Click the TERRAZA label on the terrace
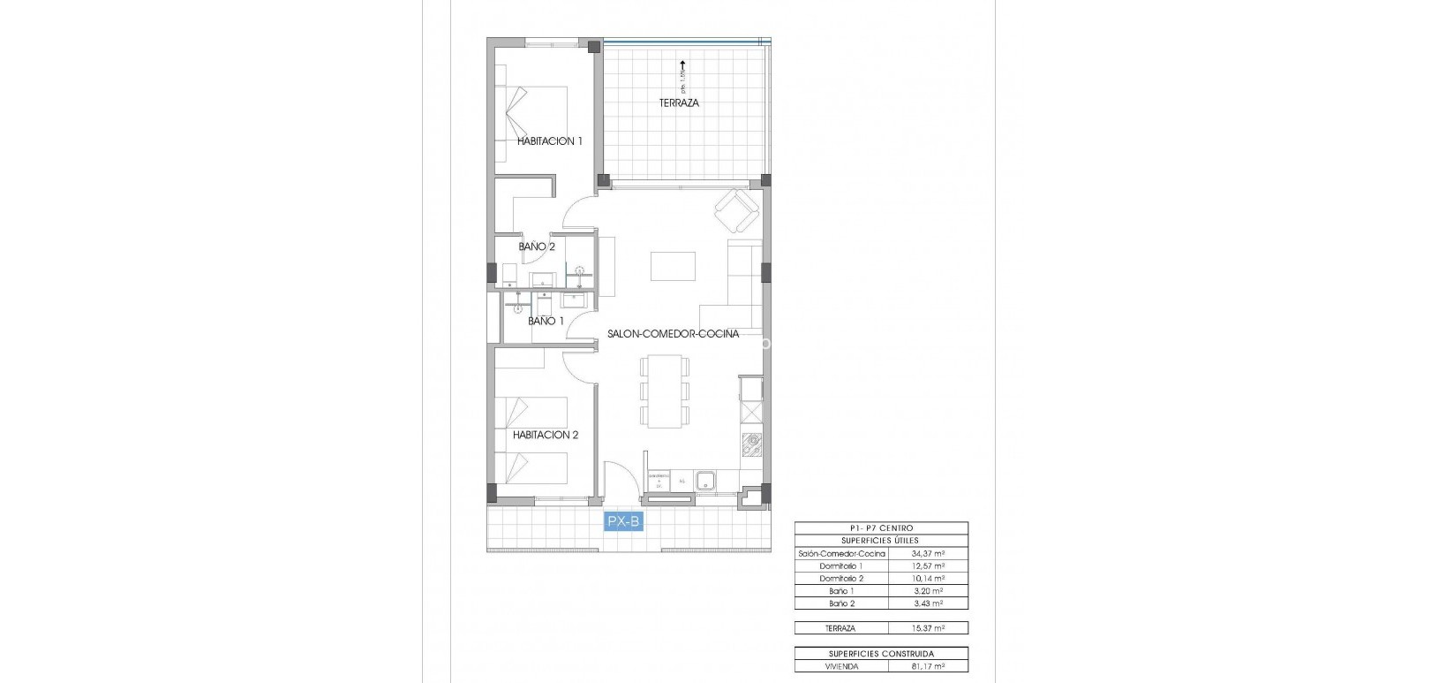click(x=679, y=103)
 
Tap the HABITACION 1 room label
click(x=549, y=141)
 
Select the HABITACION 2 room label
click(x=546, y=435)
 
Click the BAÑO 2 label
click(x=536, y=247)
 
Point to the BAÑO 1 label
click(x=546, y=321)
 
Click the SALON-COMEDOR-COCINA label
click(x=673, y=334)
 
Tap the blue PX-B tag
click(x=623, y=522)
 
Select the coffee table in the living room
click(x=673, y=266)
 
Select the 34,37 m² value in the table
click(x=932, y=553)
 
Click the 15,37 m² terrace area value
click(x=932, y=628)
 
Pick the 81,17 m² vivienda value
click(x=932, y=665)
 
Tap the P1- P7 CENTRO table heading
click(x=881, y=528)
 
